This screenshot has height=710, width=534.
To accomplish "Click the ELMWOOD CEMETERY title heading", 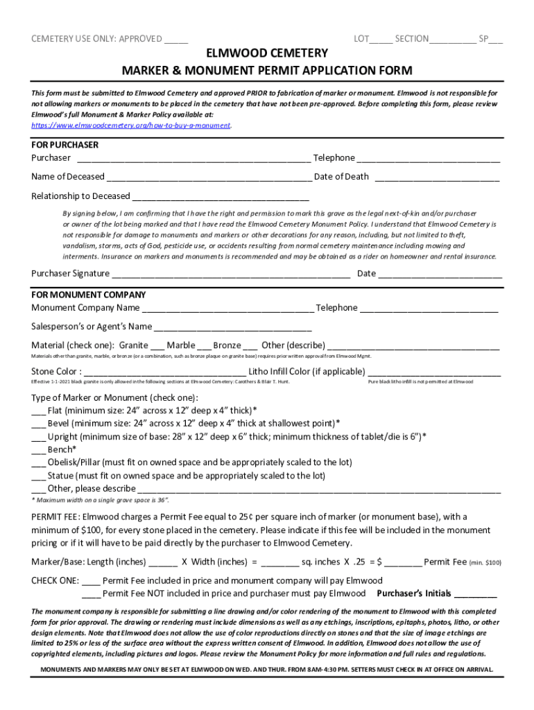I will click(x=267, y=53).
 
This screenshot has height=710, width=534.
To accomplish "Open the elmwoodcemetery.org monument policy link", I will click(x=132, y=125).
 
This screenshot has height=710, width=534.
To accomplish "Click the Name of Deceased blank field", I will click(x=209, y=177).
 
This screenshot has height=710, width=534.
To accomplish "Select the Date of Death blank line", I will click(x=437, y=177).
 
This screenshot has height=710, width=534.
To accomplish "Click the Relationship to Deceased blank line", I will click(x=221, y=196).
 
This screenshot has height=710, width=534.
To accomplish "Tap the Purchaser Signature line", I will click(x=230, y=274).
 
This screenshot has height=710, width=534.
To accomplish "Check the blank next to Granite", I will click(x=157, y=345).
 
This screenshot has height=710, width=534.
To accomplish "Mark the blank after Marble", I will click(x=204, y=345).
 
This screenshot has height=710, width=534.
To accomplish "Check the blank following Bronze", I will click(x=250, y=345).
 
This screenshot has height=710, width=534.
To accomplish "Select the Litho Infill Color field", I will click(x=434, y=372).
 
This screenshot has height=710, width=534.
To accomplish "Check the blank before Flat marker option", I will click(x=39, y=410).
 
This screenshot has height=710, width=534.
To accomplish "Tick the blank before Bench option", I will click(x=39, y=450).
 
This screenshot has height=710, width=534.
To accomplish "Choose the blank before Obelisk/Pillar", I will click(x=39, y=463).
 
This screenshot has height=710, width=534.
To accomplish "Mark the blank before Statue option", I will click(x=39, y=476).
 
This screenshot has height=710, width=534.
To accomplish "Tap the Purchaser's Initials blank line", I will click(x=476, y=594).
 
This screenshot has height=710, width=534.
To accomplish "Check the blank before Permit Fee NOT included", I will click(x=91, y=594).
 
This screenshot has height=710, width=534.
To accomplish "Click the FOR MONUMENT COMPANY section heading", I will click(x=88, y=295).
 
